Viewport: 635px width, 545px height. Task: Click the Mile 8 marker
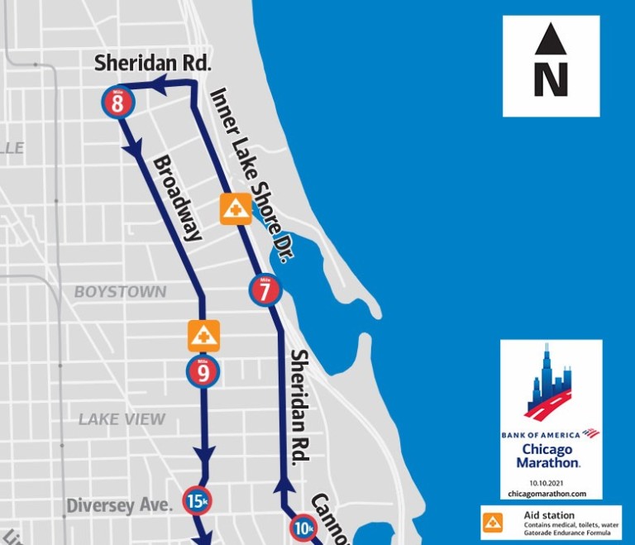[117, 103]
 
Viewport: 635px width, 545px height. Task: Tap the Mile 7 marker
[265, 289]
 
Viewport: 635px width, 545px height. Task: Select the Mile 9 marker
[203, 371]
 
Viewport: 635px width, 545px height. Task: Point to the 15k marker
[197, 500]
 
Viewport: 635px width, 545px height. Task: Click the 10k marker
[303, 528]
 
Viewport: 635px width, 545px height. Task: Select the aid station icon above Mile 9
[203, 335]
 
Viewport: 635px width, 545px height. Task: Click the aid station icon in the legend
[493, 522]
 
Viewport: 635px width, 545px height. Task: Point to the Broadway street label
[178, 197]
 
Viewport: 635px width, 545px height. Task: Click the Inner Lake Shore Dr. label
[252, 174]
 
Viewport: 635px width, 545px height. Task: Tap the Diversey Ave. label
[119, 504]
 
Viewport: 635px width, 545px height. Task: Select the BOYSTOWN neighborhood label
[120, 292]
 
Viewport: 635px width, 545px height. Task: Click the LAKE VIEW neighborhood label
[122, 419]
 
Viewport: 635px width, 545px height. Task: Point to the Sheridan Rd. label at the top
[154, 63]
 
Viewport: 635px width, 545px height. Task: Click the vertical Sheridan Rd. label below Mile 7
[301, 414]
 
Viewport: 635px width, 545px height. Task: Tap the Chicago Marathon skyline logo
[551, 382]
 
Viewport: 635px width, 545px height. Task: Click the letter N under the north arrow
[551, 80]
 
